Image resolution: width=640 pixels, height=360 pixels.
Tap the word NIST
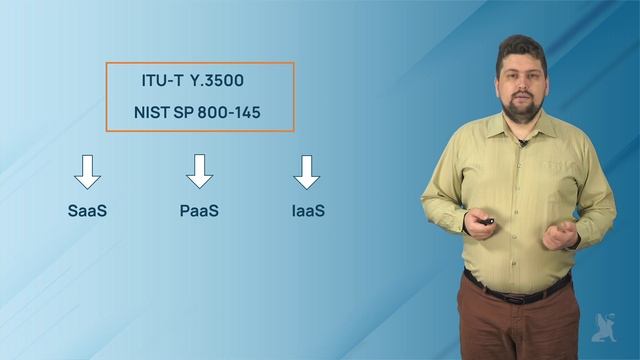tap(153, 112)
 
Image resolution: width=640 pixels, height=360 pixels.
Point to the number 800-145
tap(229, 112)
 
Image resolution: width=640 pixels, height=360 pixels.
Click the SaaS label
tap(87, 211)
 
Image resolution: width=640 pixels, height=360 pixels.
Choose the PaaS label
tap(199, 211)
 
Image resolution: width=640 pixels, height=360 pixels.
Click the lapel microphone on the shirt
tap(524, 144)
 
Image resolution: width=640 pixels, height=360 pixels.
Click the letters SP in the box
tap(184, 112)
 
